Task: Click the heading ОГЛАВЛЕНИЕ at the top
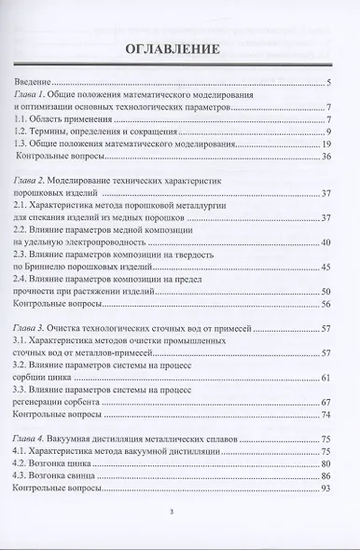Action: pos(179,49)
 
